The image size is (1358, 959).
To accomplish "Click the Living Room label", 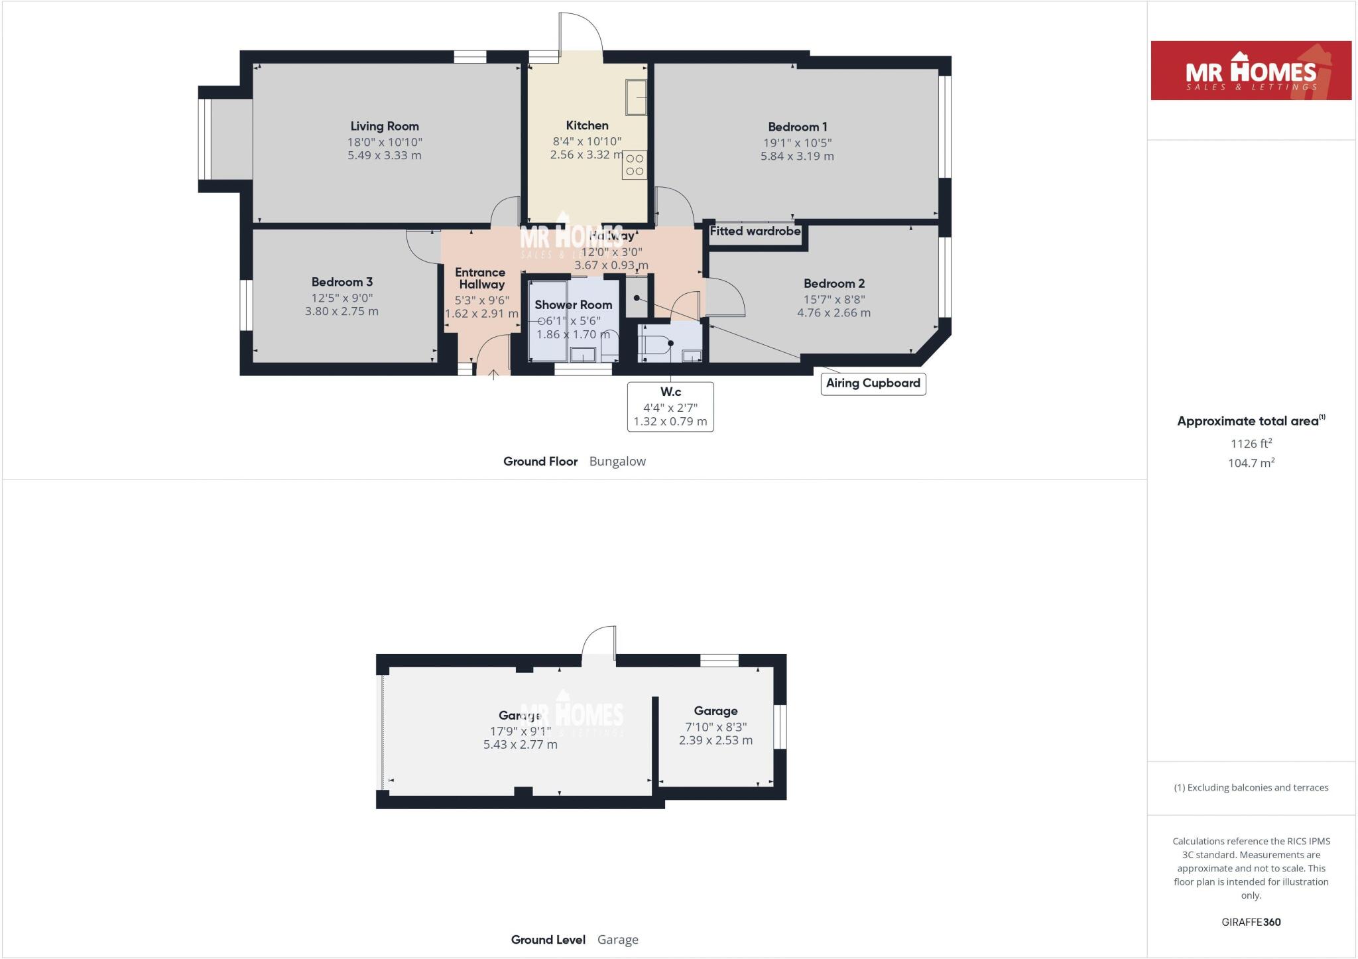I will [x=385, y=126].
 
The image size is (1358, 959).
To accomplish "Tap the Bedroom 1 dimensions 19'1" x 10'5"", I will [x=797, y=143].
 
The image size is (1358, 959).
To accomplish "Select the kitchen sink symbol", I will [x=636, y=97].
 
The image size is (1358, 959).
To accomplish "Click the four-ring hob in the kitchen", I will [x=635, y=165].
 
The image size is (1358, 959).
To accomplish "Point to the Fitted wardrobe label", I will [x=755, y=231].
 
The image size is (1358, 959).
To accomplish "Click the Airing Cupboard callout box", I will [x=873, y=383].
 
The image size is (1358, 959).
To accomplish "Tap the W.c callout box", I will [x=670, y=407].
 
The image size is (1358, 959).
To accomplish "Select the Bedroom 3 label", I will [x=342, y=282].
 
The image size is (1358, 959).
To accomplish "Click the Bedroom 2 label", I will [x=834, y=283].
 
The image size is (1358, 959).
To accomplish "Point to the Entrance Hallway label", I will [x=481, y=278].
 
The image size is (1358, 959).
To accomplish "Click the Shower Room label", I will [x=574, y=305].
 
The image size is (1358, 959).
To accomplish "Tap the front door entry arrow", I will [x=493, y=375].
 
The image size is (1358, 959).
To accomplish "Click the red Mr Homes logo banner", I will [x=1251, y=71].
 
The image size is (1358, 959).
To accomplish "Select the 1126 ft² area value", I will [x=1251, y=444].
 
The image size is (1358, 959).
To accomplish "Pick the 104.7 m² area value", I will [x=1251, y=463].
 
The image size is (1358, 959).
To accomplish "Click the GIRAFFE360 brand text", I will [x=1251, y=922].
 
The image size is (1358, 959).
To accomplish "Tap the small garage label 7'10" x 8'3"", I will [x=715, y=727].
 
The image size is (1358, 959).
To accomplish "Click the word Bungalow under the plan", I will [x=617, y=462].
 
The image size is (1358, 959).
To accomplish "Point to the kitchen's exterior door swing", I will [x=580, y=33].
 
